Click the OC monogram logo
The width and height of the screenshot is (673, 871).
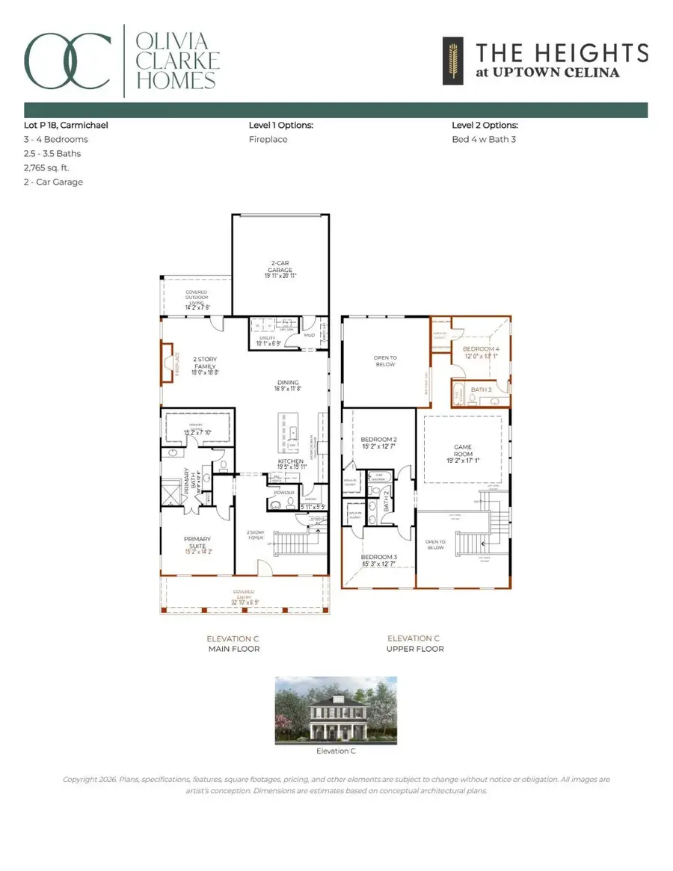point(69,58)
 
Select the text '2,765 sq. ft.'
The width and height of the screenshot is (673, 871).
point(46,167)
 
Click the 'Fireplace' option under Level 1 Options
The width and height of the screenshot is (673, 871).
point(268,139)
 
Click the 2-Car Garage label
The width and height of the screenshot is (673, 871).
point(279,270)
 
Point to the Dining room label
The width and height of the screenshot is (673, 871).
point(287,385)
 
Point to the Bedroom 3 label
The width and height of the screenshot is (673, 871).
point(379,561)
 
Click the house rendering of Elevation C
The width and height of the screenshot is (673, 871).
point(336,710)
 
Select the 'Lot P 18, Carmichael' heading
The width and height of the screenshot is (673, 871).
point(66,125)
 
